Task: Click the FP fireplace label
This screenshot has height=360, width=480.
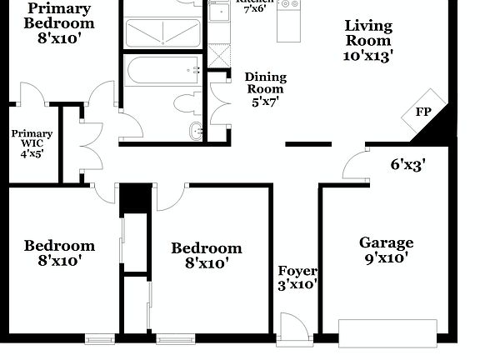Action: [x=424, y=112]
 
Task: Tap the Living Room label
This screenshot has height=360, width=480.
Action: [x=369, y=32]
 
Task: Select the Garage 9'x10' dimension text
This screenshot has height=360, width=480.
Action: [x=386, y=259]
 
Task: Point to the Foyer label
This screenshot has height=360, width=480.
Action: [x=297, y=271]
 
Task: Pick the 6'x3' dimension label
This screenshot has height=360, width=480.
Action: [x=408, y=165]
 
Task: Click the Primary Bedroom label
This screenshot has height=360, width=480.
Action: [x=58, y=15]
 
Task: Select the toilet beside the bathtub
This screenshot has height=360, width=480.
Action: [x=186, y=103]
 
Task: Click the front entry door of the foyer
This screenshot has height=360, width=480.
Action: [x=292, y=327]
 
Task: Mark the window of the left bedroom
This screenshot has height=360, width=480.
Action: [x=101, y=338]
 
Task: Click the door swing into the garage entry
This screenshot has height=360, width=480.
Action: [x=356, y=163]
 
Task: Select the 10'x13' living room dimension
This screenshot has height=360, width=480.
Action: [x=369, y=56]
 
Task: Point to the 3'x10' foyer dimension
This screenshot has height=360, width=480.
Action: [x=297, y=285]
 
